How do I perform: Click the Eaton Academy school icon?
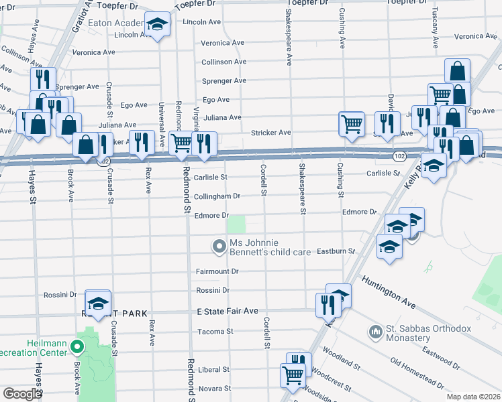(158, 26)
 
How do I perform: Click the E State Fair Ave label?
(227, 312)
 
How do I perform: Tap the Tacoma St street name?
(215, 332)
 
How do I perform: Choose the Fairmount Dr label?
(217, 271)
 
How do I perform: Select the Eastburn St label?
(336, 251)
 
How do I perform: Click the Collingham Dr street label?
(217, 196)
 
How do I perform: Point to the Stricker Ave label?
(270, 133)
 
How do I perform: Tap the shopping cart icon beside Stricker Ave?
(351, 123)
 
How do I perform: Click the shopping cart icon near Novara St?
(293, 377)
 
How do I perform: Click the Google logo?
(21, 394)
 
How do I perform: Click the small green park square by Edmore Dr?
(236, 224)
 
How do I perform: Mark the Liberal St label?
(214, 369)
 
